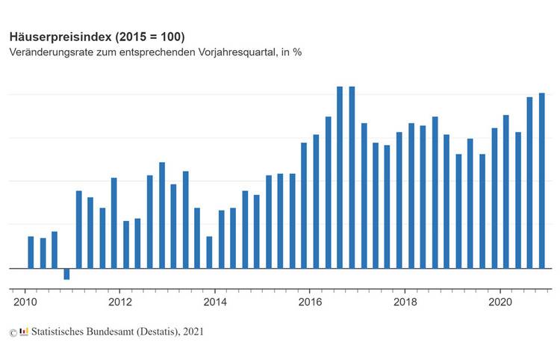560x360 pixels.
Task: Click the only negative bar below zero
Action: coord(66,273)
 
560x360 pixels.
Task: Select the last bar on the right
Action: coord(542,180)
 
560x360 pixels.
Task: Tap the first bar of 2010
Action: coord(31,252)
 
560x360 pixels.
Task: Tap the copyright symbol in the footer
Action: coord(13,332)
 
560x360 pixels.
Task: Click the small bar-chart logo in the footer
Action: coord(24,331)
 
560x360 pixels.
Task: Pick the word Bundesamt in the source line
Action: coord(114,331)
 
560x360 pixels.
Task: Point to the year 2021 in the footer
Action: coord(193,331)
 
